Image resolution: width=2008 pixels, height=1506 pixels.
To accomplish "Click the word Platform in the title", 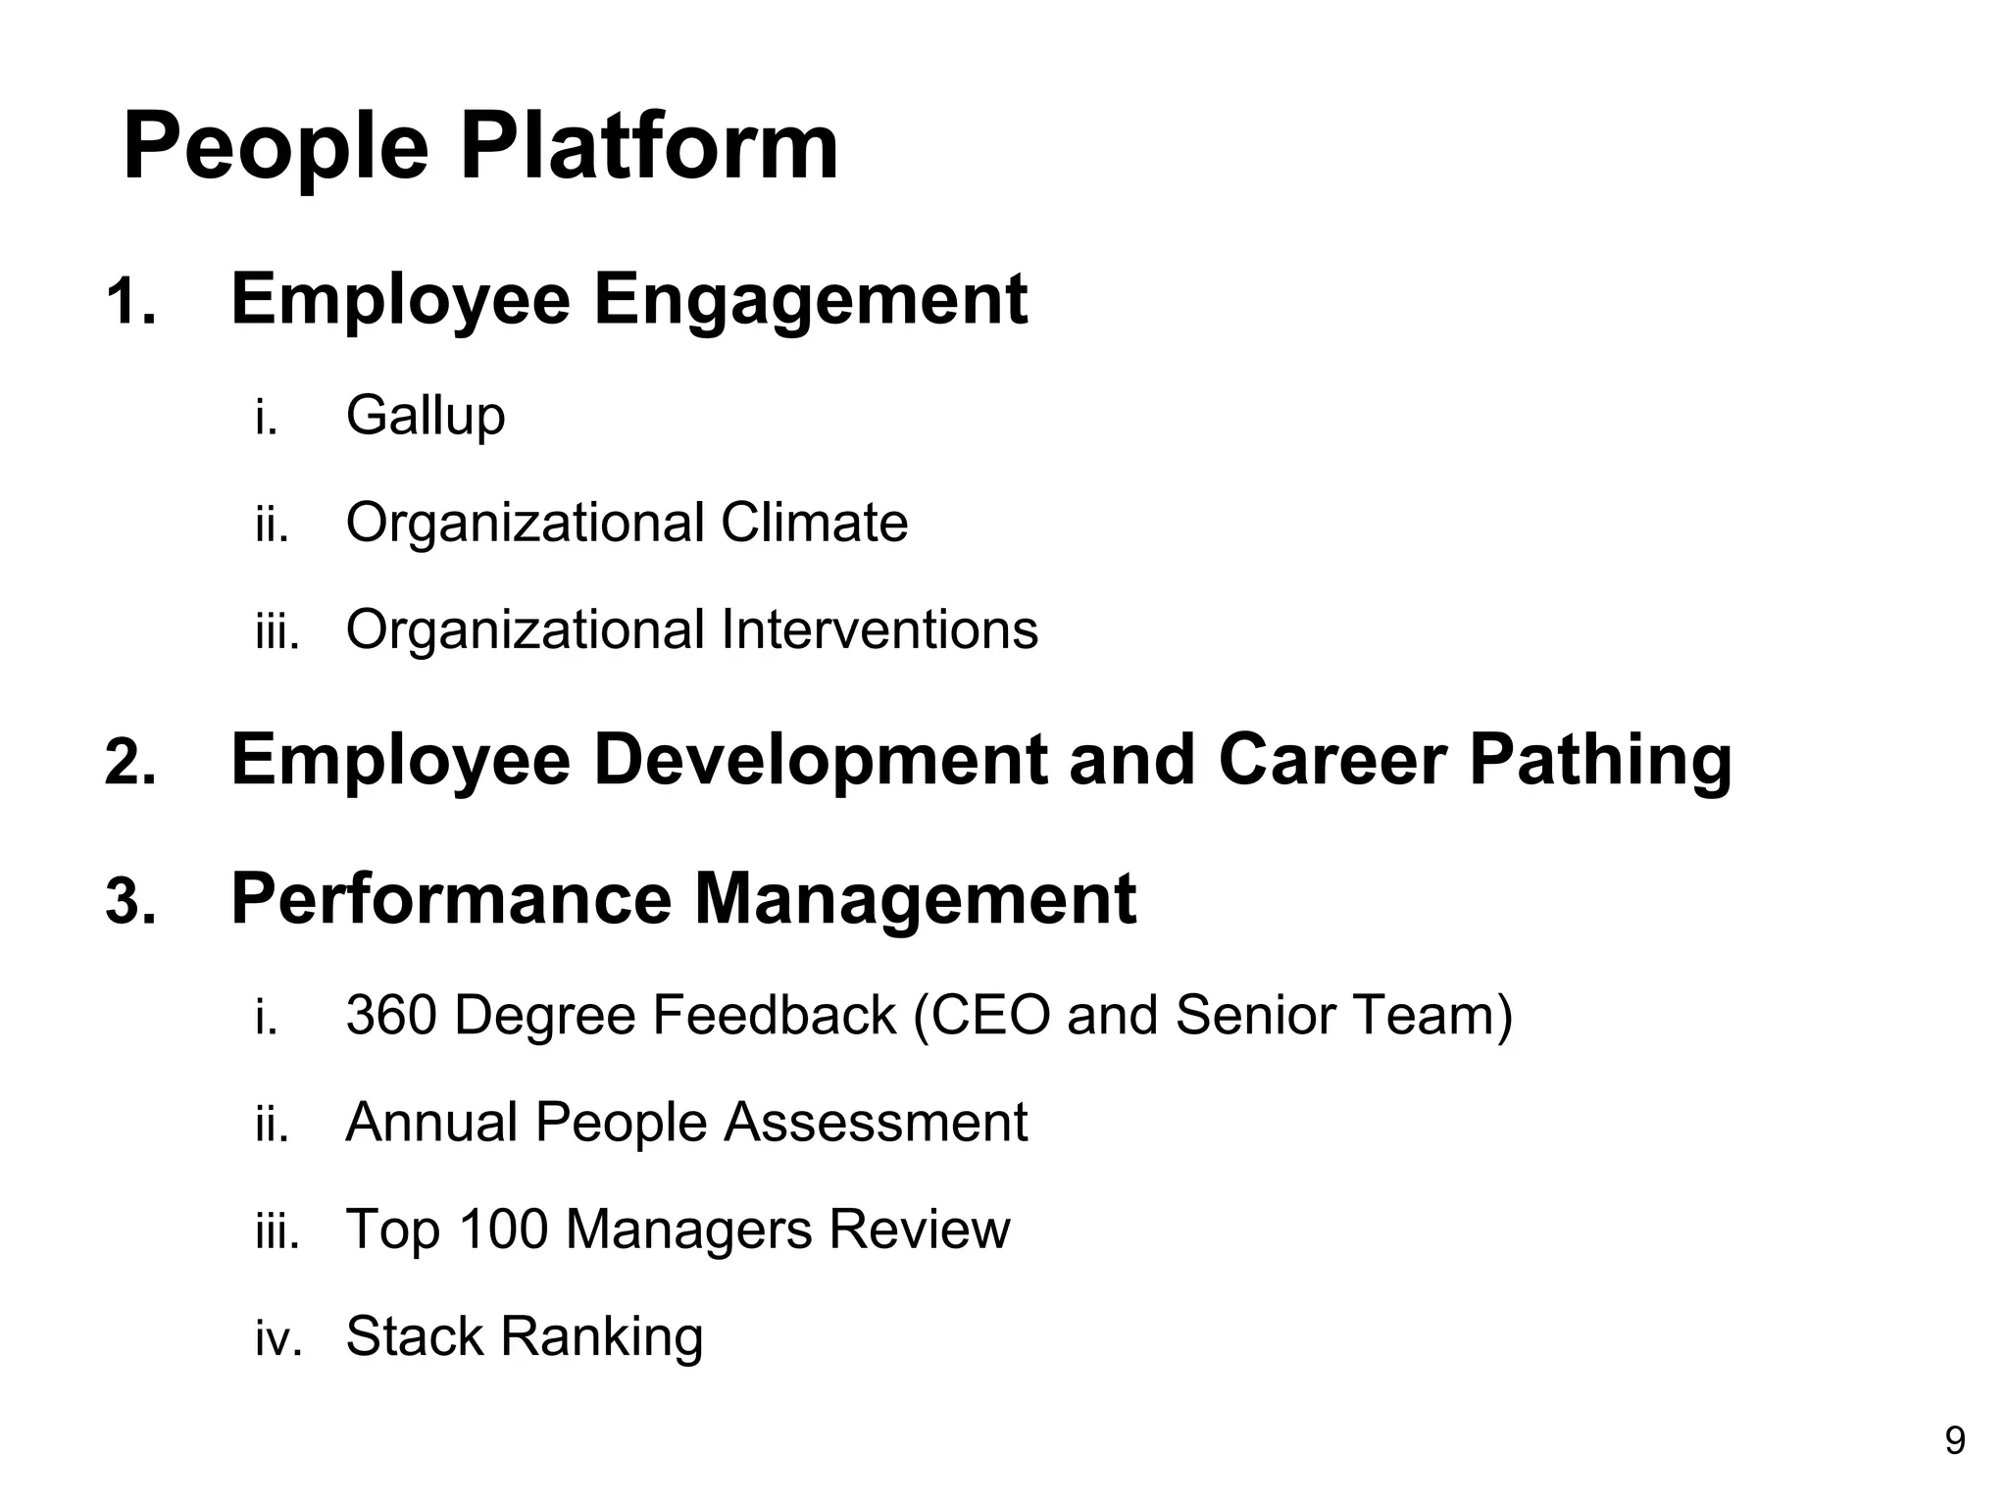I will click(x=649, y=147).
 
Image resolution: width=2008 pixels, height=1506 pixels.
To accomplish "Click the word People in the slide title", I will click(x=276, y=147).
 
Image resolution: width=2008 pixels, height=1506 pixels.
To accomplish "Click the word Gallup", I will click(x=426, y=416).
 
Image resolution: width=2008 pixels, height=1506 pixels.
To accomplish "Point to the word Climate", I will click(x=814, y=522).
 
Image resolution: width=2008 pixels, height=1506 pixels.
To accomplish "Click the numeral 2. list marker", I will click(x=130, y=763).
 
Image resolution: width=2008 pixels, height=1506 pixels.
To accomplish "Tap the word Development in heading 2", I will click(x=821, y=760).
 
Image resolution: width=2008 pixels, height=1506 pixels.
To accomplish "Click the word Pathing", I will click(x=1600, y=760).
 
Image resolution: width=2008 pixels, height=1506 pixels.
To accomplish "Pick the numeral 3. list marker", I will click(x=130, y=901).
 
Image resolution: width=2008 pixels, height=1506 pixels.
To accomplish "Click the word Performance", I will click(x=451, y=898).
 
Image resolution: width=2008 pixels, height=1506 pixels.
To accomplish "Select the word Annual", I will click(x=431, y=1122).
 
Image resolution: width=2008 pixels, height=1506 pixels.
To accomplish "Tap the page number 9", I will click(x=1954, y=1441).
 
